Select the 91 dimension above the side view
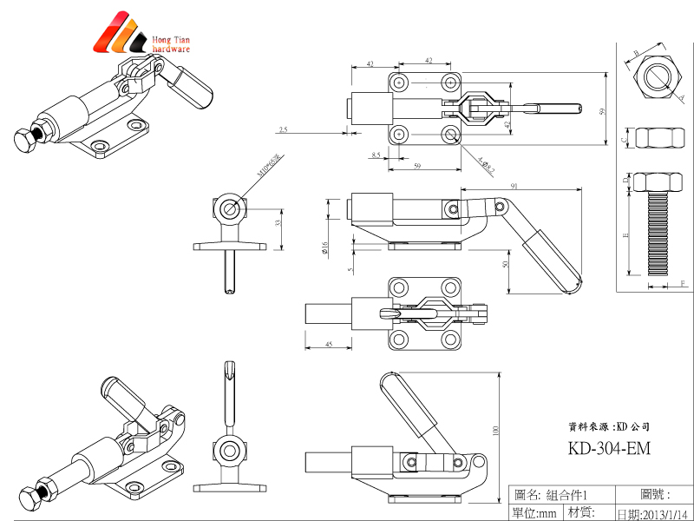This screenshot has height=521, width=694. click(515, 185)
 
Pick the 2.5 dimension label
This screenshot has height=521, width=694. click(283, 130)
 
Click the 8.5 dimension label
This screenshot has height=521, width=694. click(376, 155)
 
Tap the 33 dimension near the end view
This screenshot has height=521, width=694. click(277, 223)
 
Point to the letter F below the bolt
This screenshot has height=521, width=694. click(683, 284)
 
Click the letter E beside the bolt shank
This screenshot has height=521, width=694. click(626, 234)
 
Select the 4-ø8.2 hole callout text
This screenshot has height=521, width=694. click(485, 163)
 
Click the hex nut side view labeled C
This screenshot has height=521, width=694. click(657, 138)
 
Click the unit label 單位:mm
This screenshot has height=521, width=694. click(534, 513)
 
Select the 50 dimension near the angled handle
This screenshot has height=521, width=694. click(506, 264)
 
